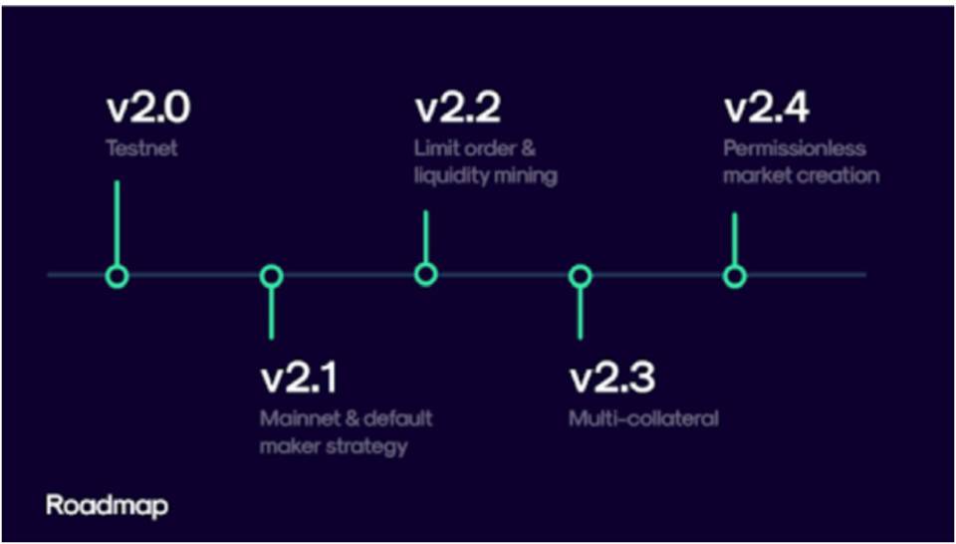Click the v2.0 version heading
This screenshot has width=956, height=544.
point(148,109)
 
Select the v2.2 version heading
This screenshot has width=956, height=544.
point(458,109)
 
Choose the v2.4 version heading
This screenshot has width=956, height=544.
point(767,109)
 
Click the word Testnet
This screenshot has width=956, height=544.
point(142,148)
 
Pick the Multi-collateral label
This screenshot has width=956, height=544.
point(644,419)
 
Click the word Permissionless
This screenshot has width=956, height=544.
point(795,148)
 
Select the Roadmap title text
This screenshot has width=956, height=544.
point(107,507)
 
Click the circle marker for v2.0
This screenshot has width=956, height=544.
point(118,276)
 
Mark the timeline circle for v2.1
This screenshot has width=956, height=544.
point(271,276)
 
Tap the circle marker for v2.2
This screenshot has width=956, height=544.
point(425,274)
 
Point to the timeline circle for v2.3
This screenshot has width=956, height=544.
point(580,276)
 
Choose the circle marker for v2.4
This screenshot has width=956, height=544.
point(735,276)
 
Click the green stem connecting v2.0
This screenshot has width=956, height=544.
point(117,222)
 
